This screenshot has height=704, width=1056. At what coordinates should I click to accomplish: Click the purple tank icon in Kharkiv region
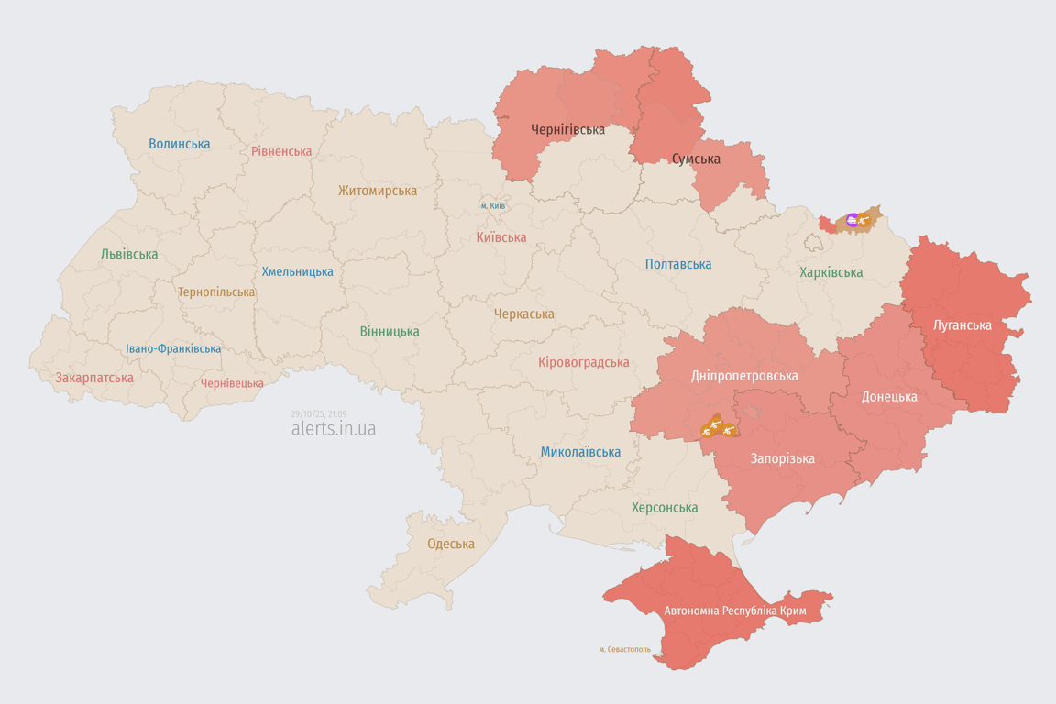[852, 220]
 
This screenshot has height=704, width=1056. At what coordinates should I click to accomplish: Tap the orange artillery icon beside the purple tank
[863, 220]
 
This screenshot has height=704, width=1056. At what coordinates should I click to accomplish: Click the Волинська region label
[180, 144]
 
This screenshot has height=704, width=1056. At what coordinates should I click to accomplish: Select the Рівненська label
[281, 151]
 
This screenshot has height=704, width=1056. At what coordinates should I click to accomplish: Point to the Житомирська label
[378, 191]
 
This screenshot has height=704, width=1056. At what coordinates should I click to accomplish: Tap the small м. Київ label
[493, 206]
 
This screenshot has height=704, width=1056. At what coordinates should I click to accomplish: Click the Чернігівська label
[567, 129]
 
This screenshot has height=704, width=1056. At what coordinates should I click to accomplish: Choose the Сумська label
[696, 159]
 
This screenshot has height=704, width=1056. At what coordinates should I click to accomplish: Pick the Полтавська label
[678, 264]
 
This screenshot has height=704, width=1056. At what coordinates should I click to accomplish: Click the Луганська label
[962, 324]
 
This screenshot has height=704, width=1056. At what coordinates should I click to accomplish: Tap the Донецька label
[889, 397]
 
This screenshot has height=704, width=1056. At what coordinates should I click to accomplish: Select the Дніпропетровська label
[744, 376]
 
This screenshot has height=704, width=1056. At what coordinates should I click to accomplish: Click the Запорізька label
[783, 458]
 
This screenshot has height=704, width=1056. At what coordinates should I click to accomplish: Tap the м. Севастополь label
[625, 650]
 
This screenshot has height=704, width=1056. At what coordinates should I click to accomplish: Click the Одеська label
[451, 544]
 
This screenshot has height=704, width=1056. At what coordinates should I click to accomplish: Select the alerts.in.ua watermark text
[334, 429]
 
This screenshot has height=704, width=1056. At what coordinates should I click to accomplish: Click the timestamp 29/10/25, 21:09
[319, 414]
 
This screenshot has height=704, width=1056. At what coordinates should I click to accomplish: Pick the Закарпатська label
[94, 378]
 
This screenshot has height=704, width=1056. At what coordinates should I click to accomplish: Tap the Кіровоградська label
[584, 362]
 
